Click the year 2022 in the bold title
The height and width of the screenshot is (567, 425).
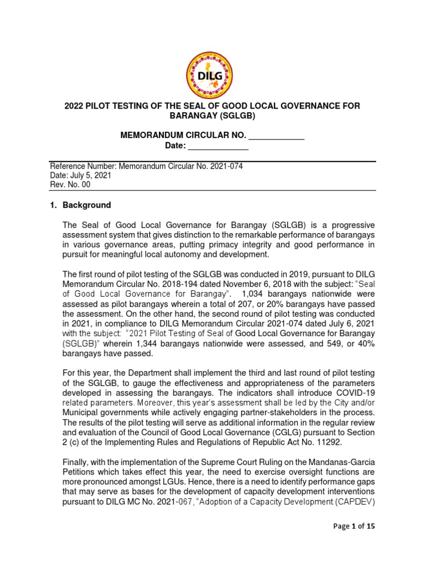coord(76,106)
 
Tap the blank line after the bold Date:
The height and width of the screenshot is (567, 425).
coord(219,147)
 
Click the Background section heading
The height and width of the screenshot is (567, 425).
coord(86,205)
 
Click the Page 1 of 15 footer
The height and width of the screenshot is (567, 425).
coord(351,527)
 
